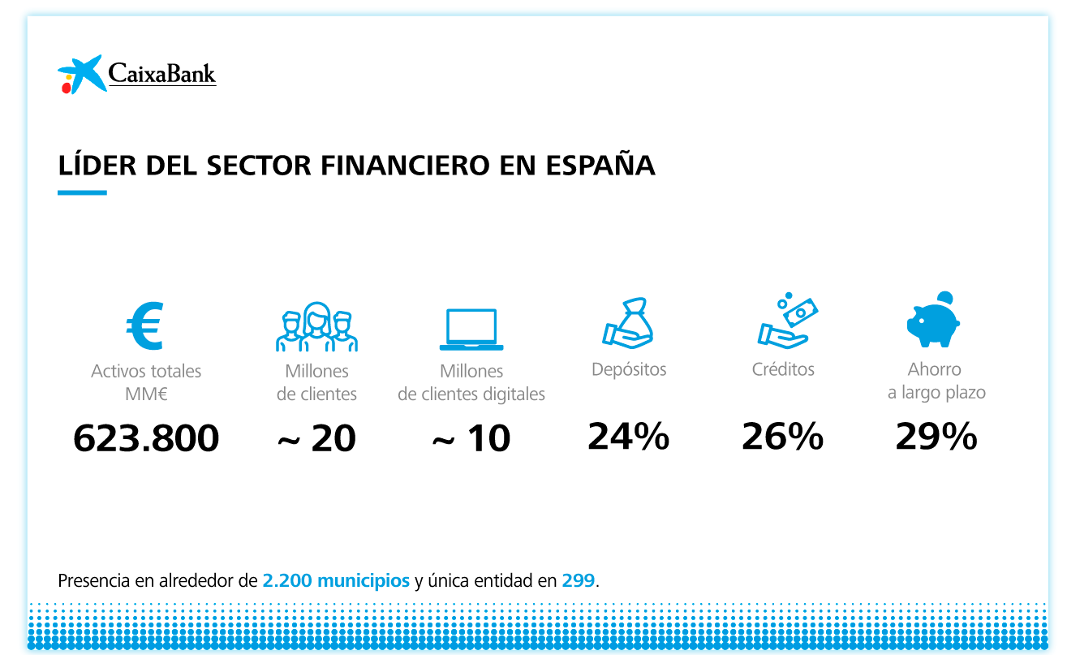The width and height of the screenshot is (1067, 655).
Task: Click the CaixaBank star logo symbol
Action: [x=81, y=74]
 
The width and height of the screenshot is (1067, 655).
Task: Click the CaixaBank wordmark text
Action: [x=162, y=75]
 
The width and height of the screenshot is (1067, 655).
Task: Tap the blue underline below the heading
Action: [x=82, y=193]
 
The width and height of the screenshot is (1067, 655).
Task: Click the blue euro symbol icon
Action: [x=145, y=326]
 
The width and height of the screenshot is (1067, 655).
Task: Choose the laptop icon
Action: [x=471, y=329]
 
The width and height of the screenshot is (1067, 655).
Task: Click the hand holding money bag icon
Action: [x=628, y=324]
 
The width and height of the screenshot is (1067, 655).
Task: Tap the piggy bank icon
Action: [x=934, y=321]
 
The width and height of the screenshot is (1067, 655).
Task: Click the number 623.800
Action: [x=146, y=439]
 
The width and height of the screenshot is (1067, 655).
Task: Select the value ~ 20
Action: [x=316, y=439]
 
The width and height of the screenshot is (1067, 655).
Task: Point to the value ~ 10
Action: [x=471, y=439]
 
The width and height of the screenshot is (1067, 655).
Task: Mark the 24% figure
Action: [x=629, y=437]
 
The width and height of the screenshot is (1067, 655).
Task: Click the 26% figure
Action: [x=783, y=437]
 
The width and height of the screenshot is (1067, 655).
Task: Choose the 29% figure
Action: [x=936, y=437]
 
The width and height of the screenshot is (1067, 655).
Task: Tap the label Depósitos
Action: [x=629, y=370]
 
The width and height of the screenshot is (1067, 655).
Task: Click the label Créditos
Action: [x=783, y=369]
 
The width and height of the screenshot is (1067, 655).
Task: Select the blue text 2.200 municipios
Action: [x=336, y=581]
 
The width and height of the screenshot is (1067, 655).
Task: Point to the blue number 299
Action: [x=579, y=581]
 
